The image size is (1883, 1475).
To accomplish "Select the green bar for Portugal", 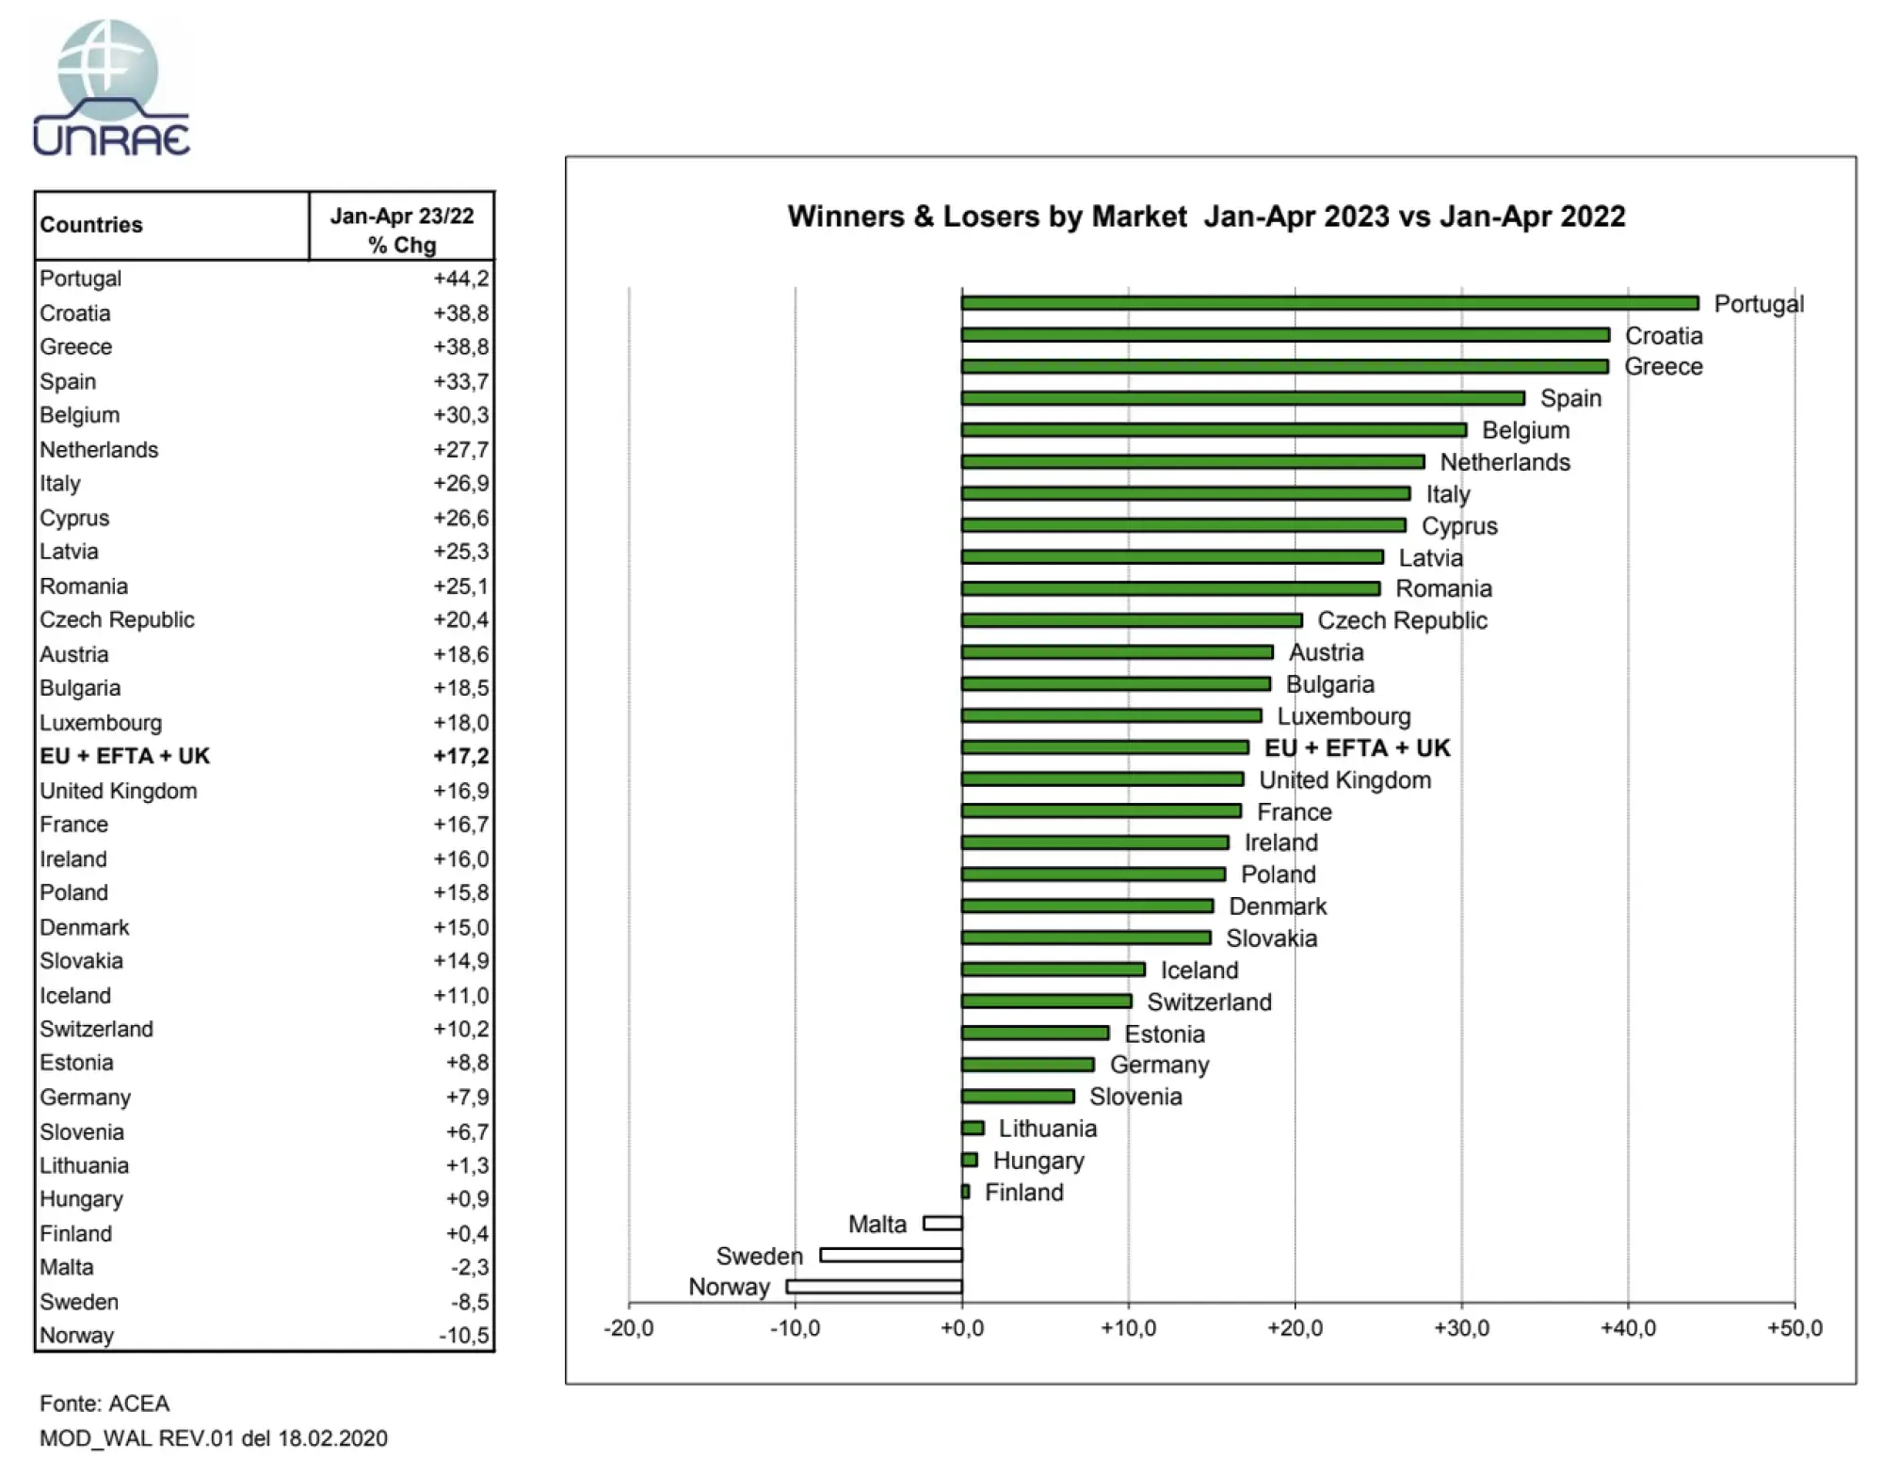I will (x=1329, y=303).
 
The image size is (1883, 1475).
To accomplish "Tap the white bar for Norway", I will (x=874, y=1287).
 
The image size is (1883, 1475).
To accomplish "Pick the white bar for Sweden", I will (x=891, y=1255).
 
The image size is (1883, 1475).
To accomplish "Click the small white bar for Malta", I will (x=942, y=1224).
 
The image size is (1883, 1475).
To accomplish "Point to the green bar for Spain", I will (x=1243, y=398).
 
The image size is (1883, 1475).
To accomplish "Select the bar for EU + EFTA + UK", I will (x=1104, y=747).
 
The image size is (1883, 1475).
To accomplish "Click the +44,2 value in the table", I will (x=460, y=279).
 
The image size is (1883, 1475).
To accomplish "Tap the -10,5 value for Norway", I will (x=463, y=1336).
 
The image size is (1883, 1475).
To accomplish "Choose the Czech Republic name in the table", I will (x=117, y=620).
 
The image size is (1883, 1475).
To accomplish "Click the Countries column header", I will (x=91, y=225).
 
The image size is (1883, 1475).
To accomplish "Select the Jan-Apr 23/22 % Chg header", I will (x=402, y=230).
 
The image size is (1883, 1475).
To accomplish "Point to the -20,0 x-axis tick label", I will (x=628, y=1328).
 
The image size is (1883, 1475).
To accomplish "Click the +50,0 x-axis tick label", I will (x=1794, y=1328).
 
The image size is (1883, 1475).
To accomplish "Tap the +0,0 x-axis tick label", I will (x=961, y=1328).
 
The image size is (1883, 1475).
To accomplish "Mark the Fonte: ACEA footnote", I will (x=105, y=1403).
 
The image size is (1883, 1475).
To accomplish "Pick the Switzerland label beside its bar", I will (x=1209, y=1002).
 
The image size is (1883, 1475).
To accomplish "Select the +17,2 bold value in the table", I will (x=460, y=757).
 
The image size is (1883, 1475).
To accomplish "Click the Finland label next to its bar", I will (x=1023, y=1193).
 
